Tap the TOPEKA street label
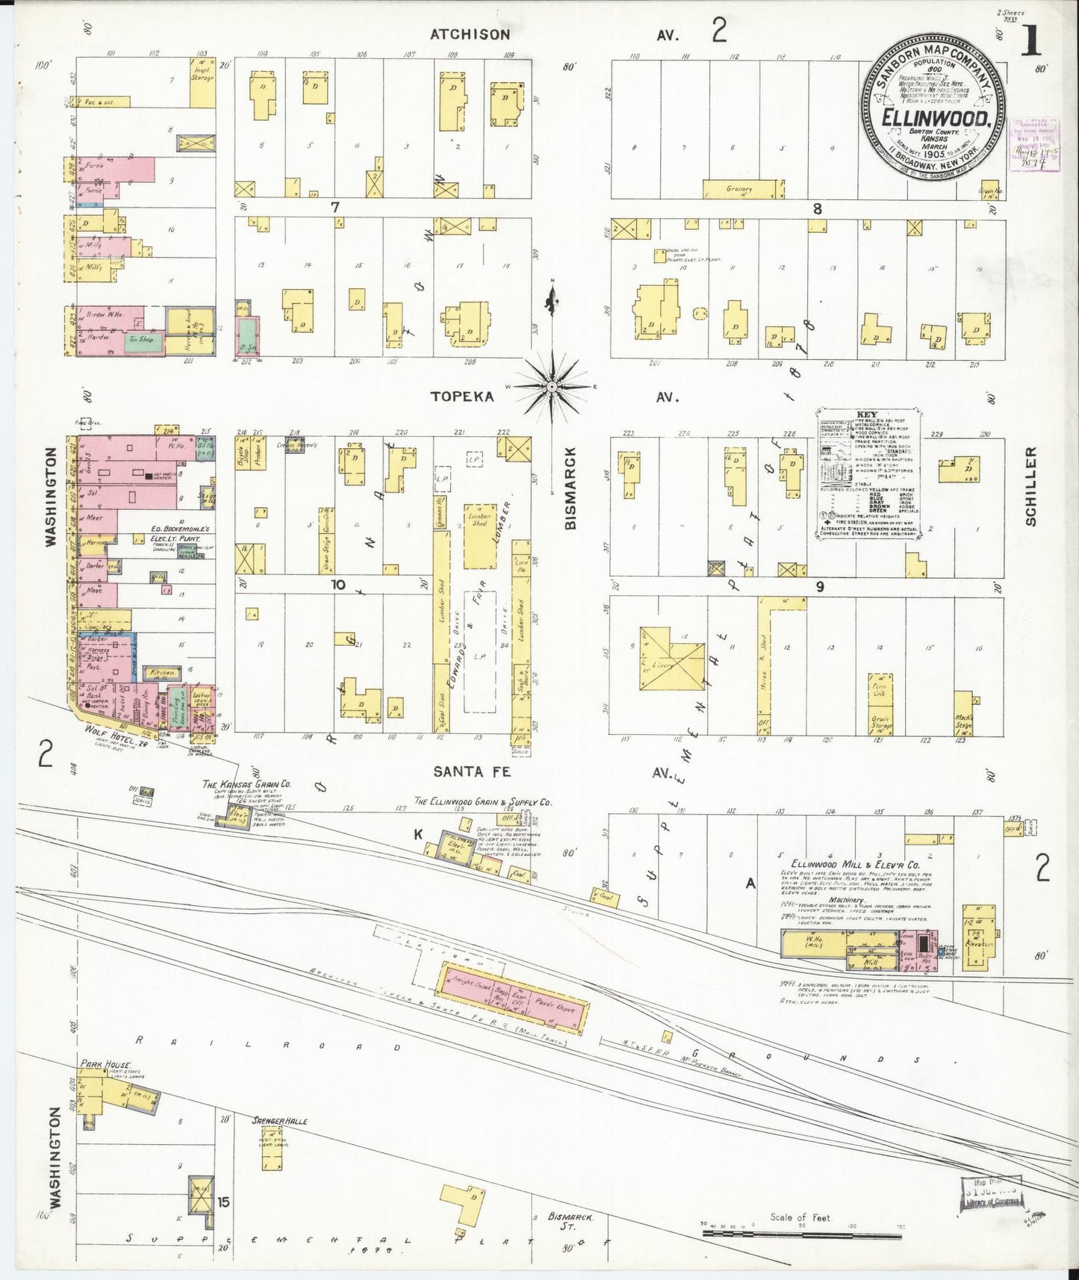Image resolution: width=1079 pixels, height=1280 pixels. click(462, 397)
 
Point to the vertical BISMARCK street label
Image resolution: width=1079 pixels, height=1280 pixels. click(570, 488)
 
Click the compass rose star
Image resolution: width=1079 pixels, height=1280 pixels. click(552, 386)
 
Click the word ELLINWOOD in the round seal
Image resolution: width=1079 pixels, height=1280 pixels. click(936, 118)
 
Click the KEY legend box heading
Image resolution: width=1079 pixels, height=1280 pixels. click(867, 414)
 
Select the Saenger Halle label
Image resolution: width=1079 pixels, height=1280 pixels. click(279, 1121)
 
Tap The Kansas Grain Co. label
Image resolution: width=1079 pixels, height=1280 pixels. click(246, 784)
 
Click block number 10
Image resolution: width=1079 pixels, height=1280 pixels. click(338, 584)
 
